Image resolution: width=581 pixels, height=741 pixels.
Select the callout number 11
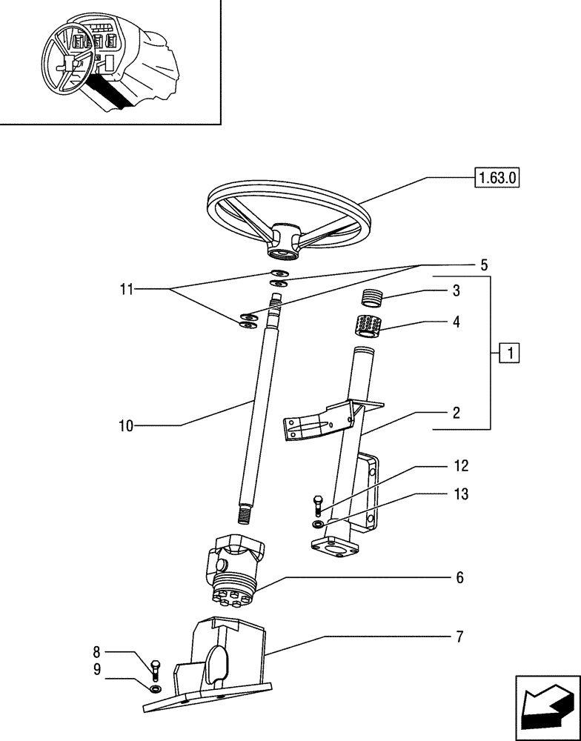(x=127, y=290)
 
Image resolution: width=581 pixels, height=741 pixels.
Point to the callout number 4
(x=456, y=322)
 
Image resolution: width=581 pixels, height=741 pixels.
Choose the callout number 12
(x=461, y=467)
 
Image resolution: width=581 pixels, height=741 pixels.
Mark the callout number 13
(x=461, y=494)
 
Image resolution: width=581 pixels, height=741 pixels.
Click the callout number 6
(x=460, y=577)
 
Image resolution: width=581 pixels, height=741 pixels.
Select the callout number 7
(x=460, y=637)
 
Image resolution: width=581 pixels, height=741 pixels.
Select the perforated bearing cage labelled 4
(x=368, y=325)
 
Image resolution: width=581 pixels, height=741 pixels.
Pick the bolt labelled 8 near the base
(x=155, y=669)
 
